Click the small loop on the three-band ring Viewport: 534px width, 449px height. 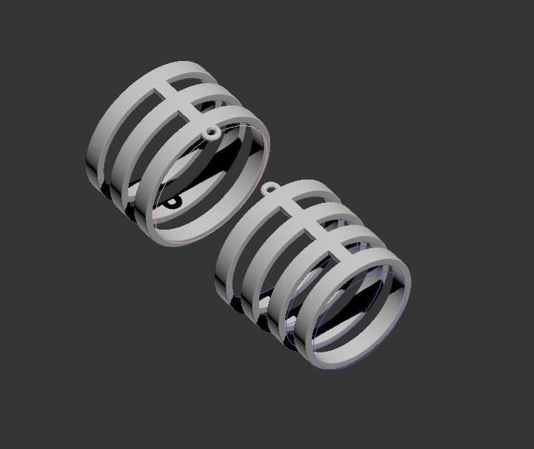pos(213,133)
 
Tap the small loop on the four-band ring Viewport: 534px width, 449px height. pos(270,188)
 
